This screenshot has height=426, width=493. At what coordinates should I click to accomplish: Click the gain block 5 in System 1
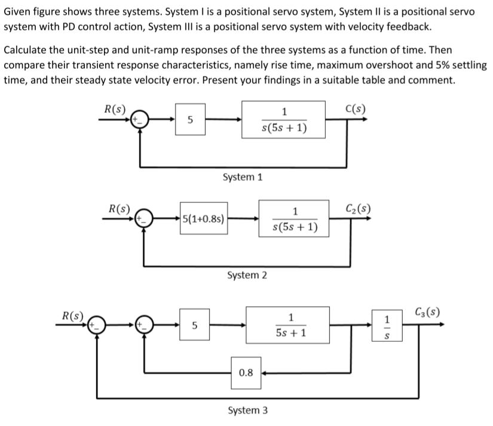point(190,119)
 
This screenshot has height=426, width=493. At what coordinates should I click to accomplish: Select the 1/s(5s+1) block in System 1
point(284,119)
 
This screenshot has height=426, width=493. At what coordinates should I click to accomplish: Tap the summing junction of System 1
point(140,119)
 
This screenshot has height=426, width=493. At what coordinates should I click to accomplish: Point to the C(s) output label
point(356,109)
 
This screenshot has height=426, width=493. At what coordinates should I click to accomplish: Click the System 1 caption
point(243,177)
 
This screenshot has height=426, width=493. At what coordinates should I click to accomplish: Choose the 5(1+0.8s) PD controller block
point(204,218)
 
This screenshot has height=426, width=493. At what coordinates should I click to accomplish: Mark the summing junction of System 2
point(144,218)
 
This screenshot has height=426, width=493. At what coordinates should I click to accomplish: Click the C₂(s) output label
point(358,208)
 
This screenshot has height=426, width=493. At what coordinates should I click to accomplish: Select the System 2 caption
point(248,275)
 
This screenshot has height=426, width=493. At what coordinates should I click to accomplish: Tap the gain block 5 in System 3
point(194,325)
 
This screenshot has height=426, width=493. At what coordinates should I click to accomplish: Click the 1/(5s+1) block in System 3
point(287,325)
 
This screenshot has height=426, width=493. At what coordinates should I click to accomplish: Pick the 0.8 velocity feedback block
point(246,373)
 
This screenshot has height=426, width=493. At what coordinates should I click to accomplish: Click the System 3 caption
point(248,410)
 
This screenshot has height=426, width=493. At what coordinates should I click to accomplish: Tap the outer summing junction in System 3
point(98,325)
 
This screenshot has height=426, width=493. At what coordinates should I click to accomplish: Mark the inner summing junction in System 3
point(144,325)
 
